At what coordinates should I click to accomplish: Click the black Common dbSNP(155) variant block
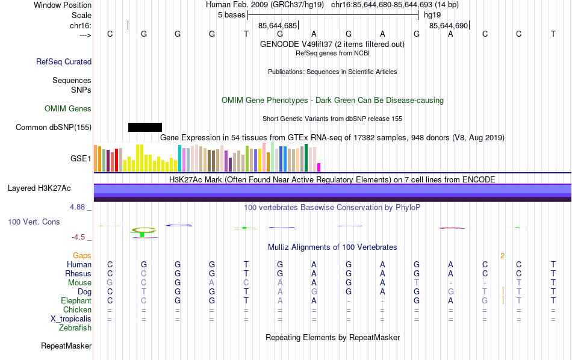click(145, 127)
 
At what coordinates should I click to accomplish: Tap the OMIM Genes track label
click(68, 108)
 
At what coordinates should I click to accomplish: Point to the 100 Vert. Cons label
click(34, 222)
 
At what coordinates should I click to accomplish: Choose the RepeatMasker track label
click(66, 346)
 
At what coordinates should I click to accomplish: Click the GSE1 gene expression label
click(81, 159)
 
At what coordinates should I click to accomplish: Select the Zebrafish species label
click(75, 328)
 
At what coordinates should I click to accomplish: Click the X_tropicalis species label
click(70, 319)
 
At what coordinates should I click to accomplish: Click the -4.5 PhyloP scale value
click(79, 237)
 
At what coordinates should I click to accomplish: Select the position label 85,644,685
click(278, 26)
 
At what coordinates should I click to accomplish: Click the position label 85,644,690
click(449, 26)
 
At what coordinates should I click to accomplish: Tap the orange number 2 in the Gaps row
click(502, 256)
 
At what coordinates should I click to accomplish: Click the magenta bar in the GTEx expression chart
click(319, 167)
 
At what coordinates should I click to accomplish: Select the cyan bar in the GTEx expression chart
click(179, 158)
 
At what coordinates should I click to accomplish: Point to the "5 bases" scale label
click(231, 14)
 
